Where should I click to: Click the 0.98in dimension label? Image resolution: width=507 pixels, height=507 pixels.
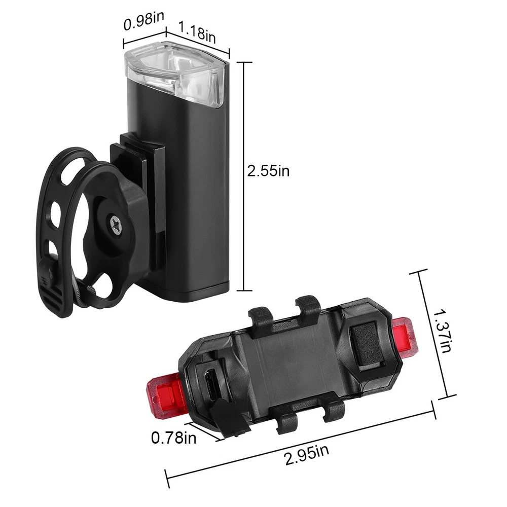144,21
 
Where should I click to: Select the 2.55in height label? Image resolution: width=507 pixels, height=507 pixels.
268,171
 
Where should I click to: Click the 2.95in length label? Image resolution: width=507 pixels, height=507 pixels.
307,454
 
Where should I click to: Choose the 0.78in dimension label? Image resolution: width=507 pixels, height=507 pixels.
173,438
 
